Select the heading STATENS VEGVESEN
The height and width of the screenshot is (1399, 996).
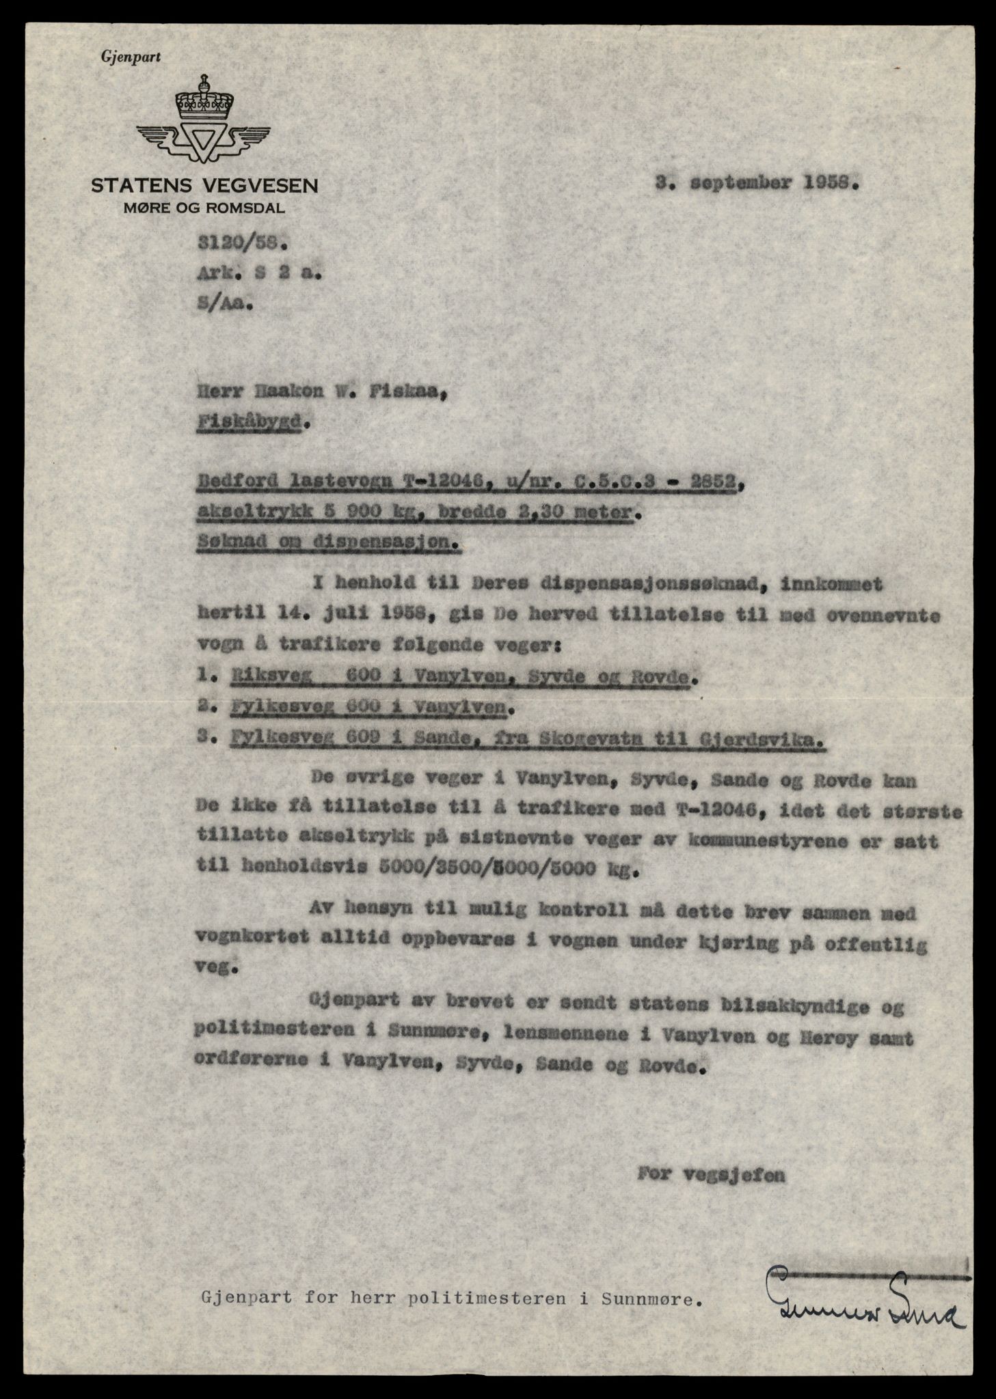[204, 186]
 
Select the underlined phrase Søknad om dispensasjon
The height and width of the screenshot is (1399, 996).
[327, 544]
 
